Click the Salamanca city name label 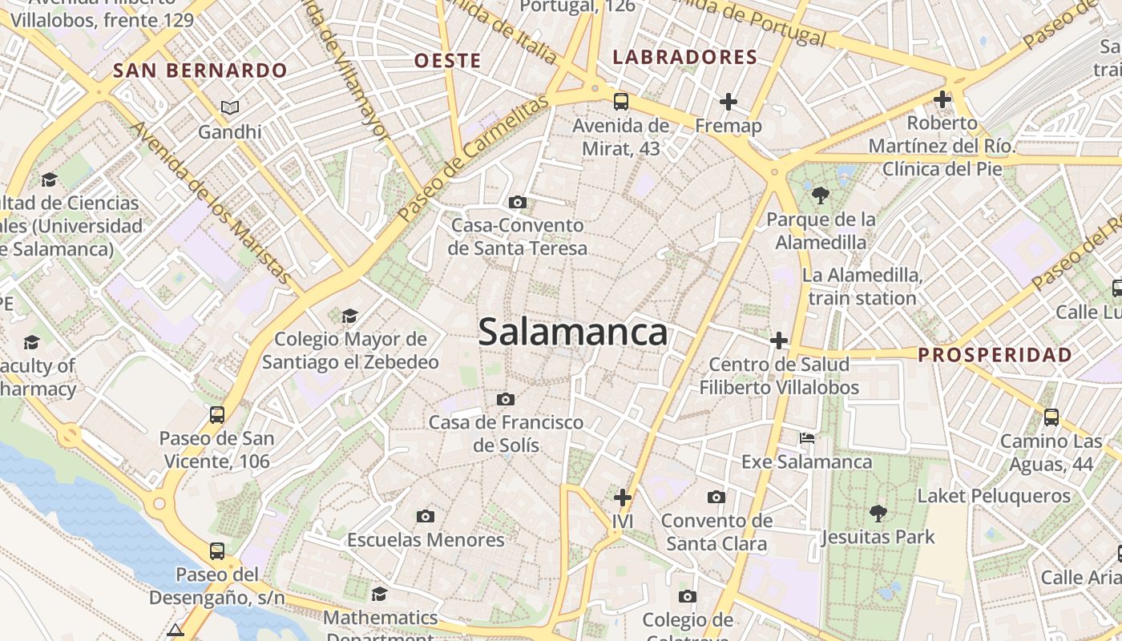(572, 332)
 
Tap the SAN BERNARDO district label (200, 71)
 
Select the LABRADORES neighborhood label (684, 57)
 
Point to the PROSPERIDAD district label (995, 355)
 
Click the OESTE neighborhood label (447, 61)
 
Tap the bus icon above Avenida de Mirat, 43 (620, 102)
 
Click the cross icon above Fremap (728, 102)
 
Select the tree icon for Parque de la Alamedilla (820, 195)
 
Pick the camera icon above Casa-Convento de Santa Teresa (518, 202)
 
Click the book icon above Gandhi (230, 107)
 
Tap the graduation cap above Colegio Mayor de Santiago (350, 316)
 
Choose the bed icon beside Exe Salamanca (807, 438)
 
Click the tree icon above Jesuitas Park (878, 513)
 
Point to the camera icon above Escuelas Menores (426, 516)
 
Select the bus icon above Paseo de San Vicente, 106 (216, 414)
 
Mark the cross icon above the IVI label (623, 498)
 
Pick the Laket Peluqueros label (993, 496)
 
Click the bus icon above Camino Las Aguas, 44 (1051, 417)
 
